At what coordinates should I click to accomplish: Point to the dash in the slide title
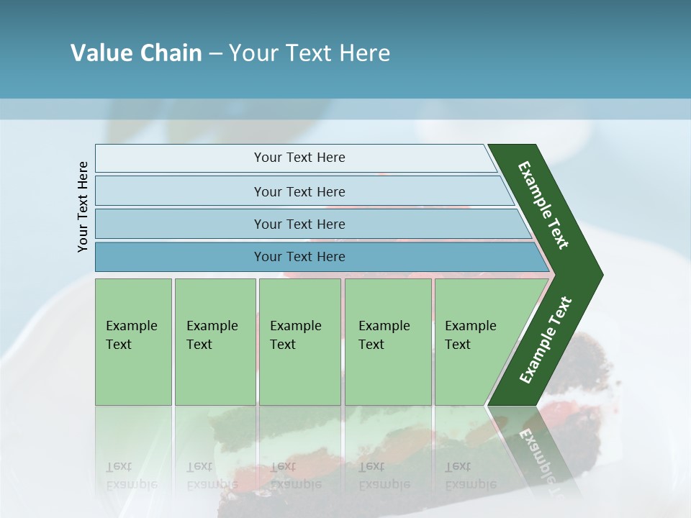pos(215,53)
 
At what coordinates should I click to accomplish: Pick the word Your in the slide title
pos(253,53)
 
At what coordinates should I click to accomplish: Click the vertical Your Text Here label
pos(83,207)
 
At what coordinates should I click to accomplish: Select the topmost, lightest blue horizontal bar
pos(295,158)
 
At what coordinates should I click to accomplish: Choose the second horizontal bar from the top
pos(302,191)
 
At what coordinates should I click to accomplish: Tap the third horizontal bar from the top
pos(310,224)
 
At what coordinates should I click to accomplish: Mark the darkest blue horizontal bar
pos(317,257)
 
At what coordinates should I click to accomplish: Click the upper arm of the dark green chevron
pos(543,205)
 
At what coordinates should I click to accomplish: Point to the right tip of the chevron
pos(599,274)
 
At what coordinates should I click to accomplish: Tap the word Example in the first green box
pos(131,326)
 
